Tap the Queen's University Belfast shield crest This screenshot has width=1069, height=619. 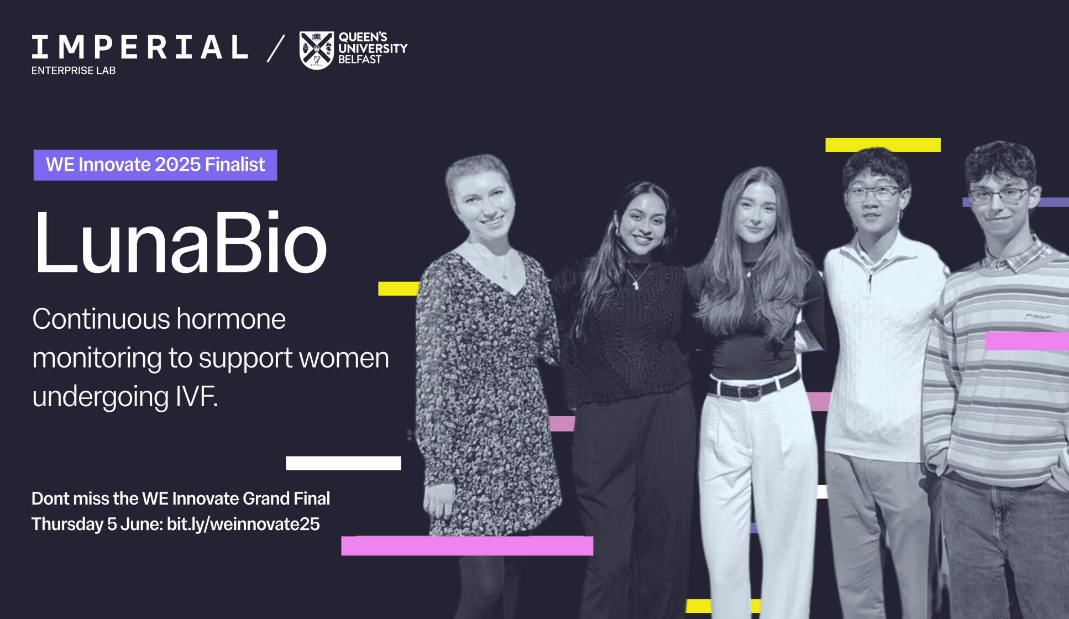click(x=316, y=50)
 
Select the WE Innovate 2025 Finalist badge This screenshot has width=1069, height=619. click(x=155, y=165)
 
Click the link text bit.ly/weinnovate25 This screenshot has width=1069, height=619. click(x=243, y=524)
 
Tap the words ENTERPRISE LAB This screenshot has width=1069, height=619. click(x=74, y=70)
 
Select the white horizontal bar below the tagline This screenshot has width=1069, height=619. click(x=343, y=463)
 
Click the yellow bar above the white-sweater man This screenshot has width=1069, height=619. click(x=883, y=145)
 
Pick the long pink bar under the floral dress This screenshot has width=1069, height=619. click(x=467, y=545)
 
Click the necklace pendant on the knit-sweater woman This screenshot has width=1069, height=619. click(x=636, y=285)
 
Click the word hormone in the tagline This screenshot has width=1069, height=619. click(x=231, y=319)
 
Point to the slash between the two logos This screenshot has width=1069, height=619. click(x=276, y=48)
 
